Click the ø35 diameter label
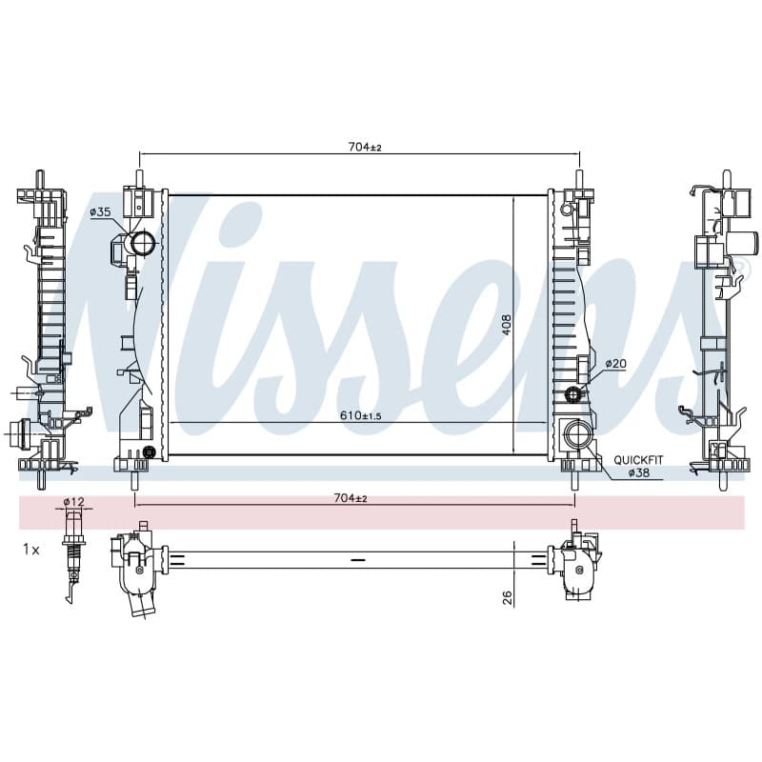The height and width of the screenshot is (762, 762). (100, 211)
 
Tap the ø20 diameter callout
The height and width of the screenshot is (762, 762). (615, 364)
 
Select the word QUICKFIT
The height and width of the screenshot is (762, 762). (638, 460)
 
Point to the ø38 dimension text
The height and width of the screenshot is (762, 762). (638, 472)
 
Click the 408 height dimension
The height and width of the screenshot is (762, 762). (507, 325)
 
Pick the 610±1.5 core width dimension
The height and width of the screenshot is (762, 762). (361, 415)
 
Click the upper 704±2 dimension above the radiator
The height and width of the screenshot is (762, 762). (365, 147)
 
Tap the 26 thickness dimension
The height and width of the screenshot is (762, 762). (507, 597)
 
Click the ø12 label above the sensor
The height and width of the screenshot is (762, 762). (74, 501)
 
